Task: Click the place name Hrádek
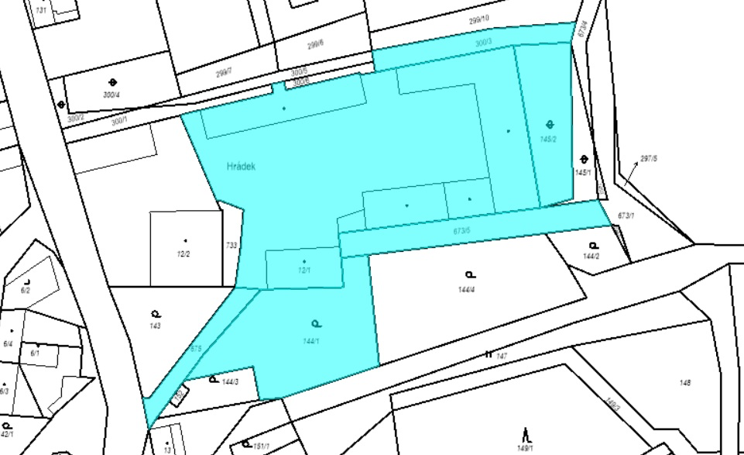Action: [241, 166]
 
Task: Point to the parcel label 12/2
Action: [184, 254]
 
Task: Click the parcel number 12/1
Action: [303, 271]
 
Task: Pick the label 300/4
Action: [111, 95]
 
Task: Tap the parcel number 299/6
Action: [315, 43]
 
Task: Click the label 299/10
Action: [479, 18]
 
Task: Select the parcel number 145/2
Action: [549, 140]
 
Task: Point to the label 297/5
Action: [649, 159]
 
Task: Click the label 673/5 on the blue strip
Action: [461, 230]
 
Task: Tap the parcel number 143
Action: [156, 326]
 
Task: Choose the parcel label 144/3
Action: [230, 381]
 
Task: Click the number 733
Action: [231, 244]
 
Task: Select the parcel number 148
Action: [684, 383]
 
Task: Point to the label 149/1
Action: [526, 447]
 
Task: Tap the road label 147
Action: [502, 356]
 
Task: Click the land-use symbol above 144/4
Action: [469, 274]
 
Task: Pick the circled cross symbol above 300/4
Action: [113, 81]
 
